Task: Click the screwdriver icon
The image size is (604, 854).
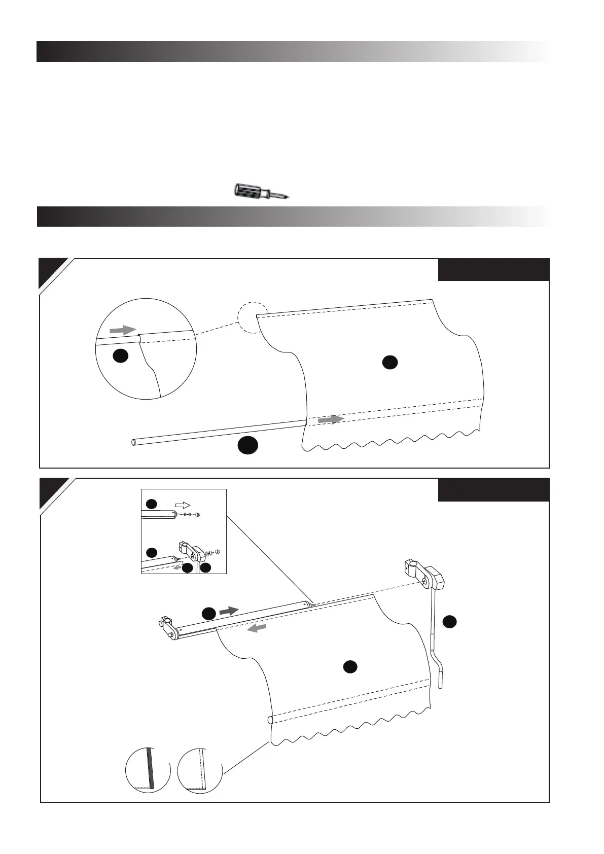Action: [260, 192]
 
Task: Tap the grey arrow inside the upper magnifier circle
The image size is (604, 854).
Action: [123, 330]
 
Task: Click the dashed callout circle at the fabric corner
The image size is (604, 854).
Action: [253, 318]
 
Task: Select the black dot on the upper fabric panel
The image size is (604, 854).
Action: [389, 362]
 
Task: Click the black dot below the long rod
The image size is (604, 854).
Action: [247, 445]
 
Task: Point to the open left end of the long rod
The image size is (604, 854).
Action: [134, 442]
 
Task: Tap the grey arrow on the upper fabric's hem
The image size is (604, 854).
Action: [331, 419]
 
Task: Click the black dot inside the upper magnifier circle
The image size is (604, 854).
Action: [120, 356]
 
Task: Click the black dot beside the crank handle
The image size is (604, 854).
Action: [449, 622]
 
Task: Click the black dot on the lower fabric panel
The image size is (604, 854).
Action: [349, 667]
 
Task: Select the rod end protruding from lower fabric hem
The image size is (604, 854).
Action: [270, 720]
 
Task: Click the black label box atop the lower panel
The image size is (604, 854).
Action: [493, 490]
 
